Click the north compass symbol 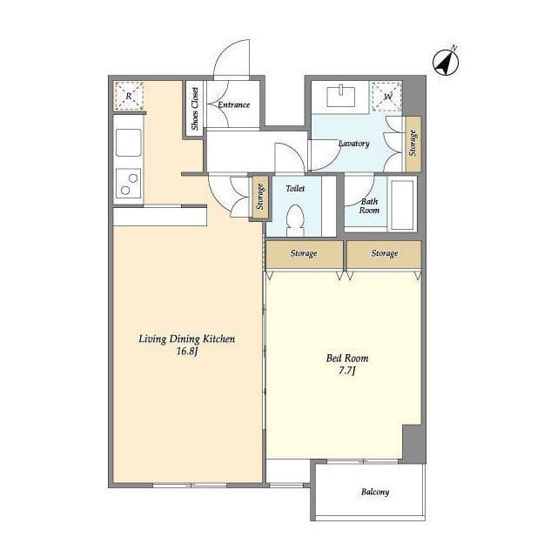click(446, 62)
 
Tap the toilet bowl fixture click(295, 220)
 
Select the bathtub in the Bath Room click(402, 205)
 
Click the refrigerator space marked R click(129, 96)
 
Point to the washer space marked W click(387, 97)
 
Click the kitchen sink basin click(128, 143)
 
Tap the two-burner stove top click(128, 184)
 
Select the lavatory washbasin click(340, 96)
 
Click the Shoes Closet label click(195, 109)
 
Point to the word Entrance click(234, 104)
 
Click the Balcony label click(375, 492)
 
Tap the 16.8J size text click(187, 352)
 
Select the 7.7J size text click(347, 371)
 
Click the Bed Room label click(347, 358)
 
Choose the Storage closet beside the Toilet click(260, 197)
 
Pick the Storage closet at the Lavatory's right click(413, 143)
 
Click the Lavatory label click(354, 144)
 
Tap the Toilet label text click(295, 188)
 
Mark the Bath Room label click(369, 206)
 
